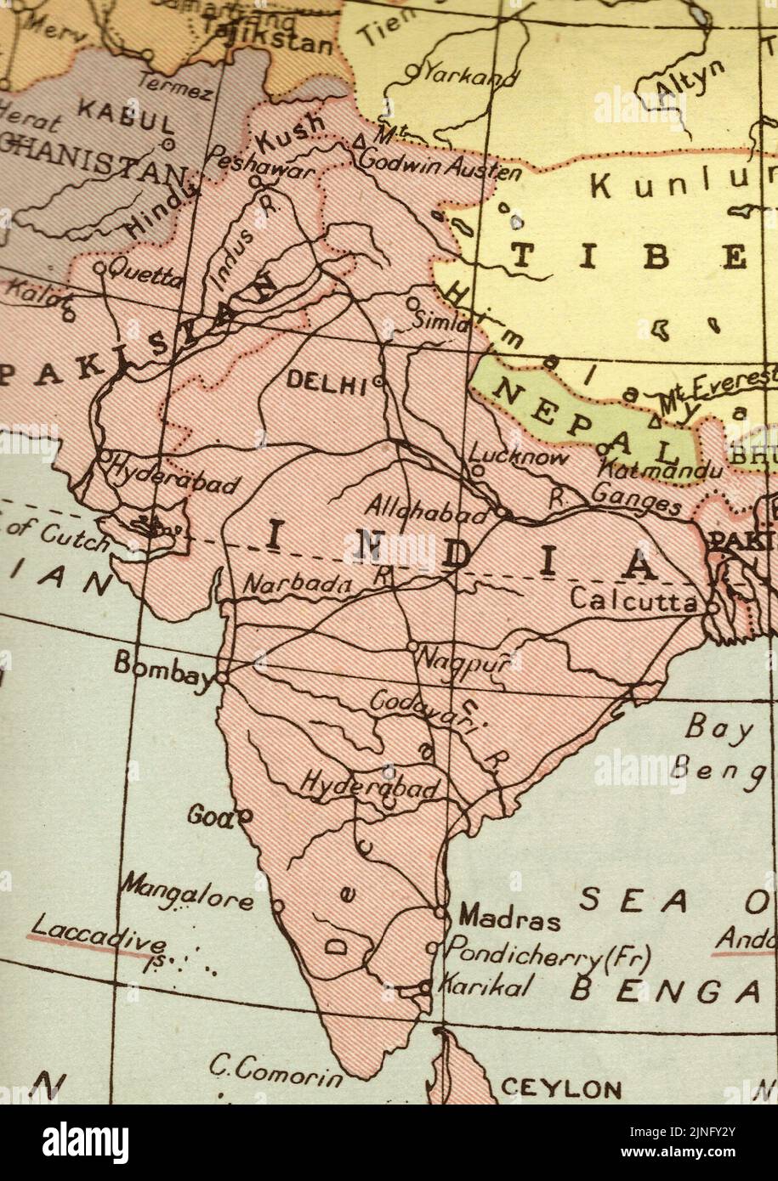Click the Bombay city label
tap(162, 664)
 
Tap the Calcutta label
tap(633, 600)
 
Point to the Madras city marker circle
tap(440, 912)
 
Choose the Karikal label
tap(486, 986)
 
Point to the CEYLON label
tap(560, 1088)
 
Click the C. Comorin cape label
tap(275, 1072)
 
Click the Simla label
tap(440, 321)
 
